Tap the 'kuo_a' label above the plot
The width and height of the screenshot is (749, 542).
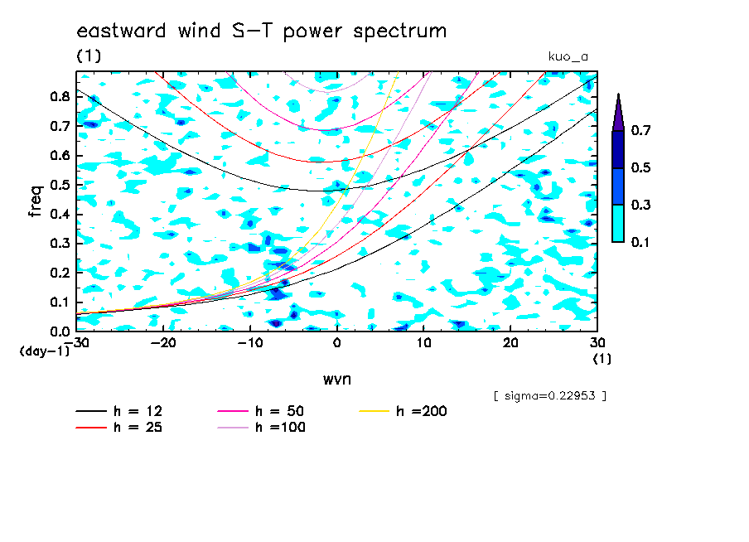click(x=568, y=57)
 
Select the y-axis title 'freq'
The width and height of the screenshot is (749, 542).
click(x=35, y=201)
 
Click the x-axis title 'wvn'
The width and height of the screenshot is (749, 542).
click(x=336, y=380)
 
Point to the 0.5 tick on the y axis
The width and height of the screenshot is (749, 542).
click(x=60, y=185)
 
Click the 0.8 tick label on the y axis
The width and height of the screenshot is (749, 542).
click(x=60, y=96)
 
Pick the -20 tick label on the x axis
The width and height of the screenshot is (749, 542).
click(x=163, y=343)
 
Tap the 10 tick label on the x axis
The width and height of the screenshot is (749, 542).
click(x=423, y=343)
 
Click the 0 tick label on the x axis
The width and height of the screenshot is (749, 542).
click(x=336, y=343)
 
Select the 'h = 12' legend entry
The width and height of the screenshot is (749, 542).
click(x=119, y=411)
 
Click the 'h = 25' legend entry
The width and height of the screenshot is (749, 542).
click(x=119, y=427)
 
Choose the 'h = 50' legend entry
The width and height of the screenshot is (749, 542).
click(x=261, y=411)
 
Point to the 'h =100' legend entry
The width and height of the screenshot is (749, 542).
click(x=261, y=427)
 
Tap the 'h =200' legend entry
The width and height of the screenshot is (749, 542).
click(x=403, y=411)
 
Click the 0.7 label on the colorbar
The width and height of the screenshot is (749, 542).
click(x=640, y=130)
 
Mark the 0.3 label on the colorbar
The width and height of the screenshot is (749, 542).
click(x=640, y=205)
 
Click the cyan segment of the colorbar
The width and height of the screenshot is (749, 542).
click(x=618, y=224)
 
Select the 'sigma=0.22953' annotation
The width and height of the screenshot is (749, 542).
click(x=550, y=396)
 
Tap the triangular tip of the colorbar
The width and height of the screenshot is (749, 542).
click(x=618, y=94)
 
